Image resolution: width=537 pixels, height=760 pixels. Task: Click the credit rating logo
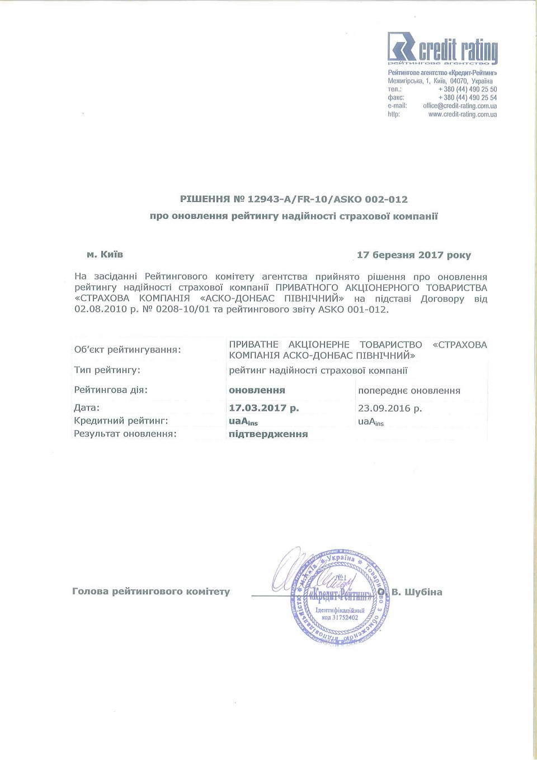(x=442, y=48)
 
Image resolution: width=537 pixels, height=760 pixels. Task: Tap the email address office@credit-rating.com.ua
(x=460, y=106)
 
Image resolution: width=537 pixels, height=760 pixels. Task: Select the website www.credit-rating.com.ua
(x=462, y=114)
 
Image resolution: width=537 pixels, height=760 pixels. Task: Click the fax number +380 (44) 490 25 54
(x=467, y=97)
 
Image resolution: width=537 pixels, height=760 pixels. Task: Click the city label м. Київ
(x=105, y=255)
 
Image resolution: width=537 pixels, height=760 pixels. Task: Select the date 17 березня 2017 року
(x=413, y=255)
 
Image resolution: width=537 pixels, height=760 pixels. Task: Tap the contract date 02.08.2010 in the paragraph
(x=101, y=309)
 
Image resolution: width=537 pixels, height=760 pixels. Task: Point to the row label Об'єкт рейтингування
(x=128, y=350)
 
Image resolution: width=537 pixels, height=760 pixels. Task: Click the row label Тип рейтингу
(x=107, y=370)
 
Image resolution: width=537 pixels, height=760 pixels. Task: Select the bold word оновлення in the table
(x=257, y=390)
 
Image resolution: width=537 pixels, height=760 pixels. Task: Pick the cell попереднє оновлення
(x=409, y=391)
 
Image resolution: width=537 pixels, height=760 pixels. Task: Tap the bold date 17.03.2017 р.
(x=263, y=408)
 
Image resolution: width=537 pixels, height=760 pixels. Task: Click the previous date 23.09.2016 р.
(x=389, y=409)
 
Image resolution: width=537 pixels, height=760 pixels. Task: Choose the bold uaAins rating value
(x=243, y=421)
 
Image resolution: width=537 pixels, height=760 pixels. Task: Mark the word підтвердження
(x=268, y=434)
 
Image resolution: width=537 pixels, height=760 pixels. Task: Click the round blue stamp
(x=340, y=597)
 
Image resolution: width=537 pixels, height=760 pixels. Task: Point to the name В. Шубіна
(x=417, y=592)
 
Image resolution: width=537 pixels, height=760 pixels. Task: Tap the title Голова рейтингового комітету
(x=151, y=592)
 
